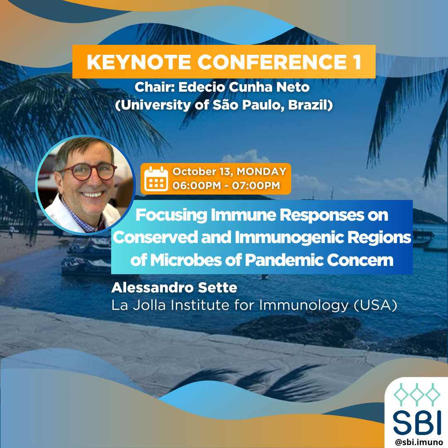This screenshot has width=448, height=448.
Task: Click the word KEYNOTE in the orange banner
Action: coord(139,62)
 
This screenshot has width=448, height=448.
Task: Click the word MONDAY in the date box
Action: coord(261,171)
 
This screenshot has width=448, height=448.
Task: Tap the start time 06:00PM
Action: coord(197,185)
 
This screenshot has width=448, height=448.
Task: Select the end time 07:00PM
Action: coord(256,185)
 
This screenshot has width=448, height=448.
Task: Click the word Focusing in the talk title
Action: coord(171,215)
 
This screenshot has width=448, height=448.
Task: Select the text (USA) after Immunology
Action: coord(375,305)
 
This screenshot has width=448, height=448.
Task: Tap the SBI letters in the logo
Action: coord(417,422)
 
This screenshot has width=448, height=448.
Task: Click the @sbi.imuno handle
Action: coord(419,442)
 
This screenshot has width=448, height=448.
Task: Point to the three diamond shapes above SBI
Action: coord(417,394)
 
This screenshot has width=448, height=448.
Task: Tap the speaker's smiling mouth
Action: coord(93,195)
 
